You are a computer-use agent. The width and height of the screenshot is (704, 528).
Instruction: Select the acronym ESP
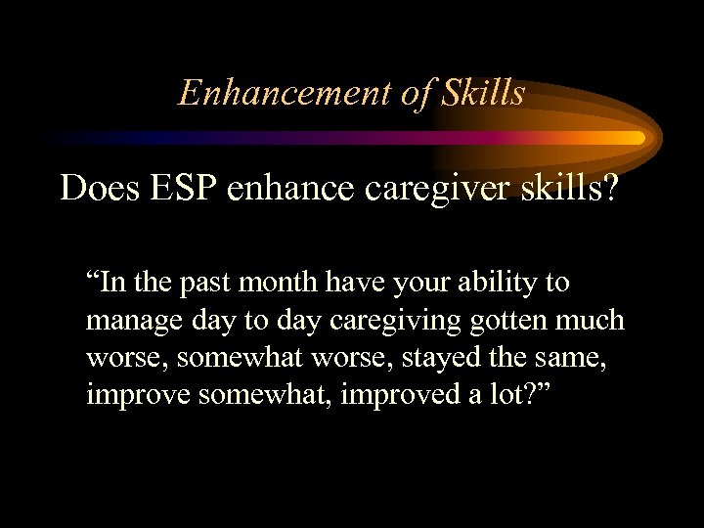(183, 187)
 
